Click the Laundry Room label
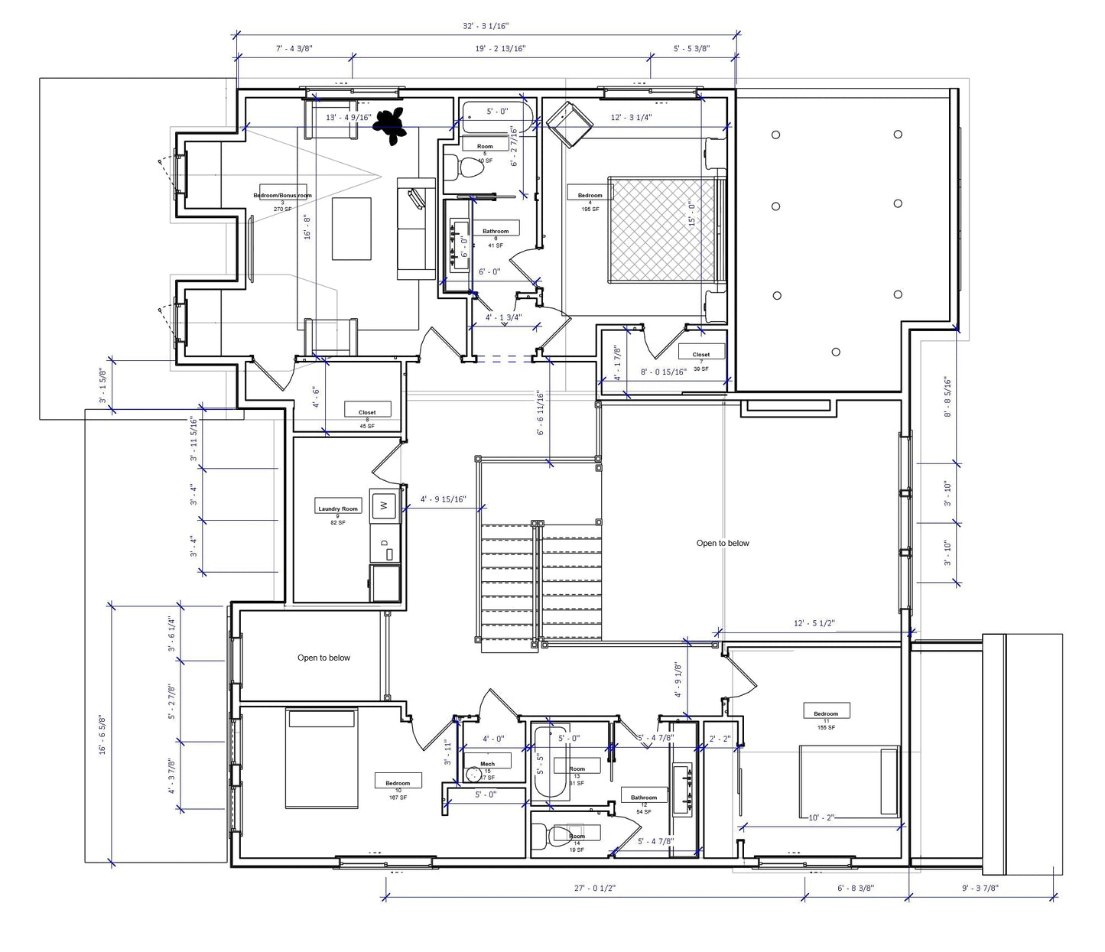click(337, 508)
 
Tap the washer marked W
click(384, 505)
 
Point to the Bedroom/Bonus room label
click(282, 195)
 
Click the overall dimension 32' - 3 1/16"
click(486, 26)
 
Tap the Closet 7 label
click(700, 355)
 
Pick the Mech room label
click(487, 764)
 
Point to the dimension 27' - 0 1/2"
click(594, 888)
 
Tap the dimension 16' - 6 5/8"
click(102, 735)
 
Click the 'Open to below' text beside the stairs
click(723, 543)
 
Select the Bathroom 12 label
click(643, 798)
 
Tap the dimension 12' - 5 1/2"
click(814, 623)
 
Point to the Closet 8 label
click(367, 412)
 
